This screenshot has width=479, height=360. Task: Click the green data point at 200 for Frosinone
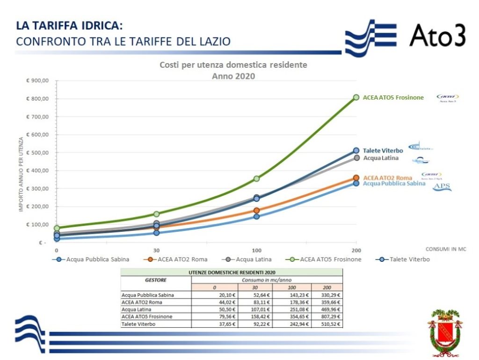356,97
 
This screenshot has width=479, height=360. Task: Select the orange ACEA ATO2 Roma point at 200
356,178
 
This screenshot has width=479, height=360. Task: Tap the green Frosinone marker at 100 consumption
256,179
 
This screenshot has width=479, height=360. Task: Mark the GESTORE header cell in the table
156,281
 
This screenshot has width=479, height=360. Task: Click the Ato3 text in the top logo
437,35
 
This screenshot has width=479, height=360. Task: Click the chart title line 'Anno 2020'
233,76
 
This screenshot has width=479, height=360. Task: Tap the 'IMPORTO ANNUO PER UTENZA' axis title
21,174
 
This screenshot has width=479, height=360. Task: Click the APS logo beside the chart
442,187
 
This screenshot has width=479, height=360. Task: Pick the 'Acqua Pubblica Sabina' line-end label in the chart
394,183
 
